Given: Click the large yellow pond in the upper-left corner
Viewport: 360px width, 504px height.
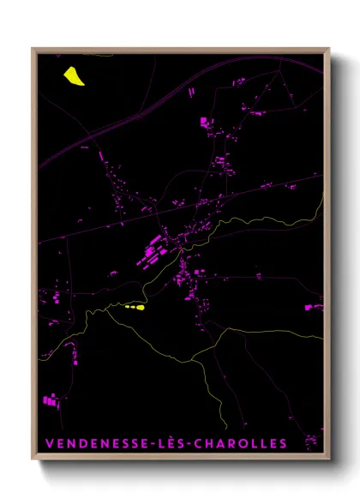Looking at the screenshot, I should (x=74, y=76).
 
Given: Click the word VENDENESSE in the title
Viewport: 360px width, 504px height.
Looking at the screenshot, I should (x=95, y=444).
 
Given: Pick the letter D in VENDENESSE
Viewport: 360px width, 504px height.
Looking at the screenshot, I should (x=83, y=444).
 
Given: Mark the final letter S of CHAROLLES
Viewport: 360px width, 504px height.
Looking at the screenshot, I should (x=283, y=444).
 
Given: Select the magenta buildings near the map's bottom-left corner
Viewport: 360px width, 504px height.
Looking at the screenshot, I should (x=50, y=399).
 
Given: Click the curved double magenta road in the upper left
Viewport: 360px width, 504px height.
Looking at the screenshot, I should (x=86, y=137).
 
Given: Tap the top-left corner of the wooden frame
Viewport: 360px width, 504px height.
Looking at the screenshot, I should (x=33, y=49).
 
